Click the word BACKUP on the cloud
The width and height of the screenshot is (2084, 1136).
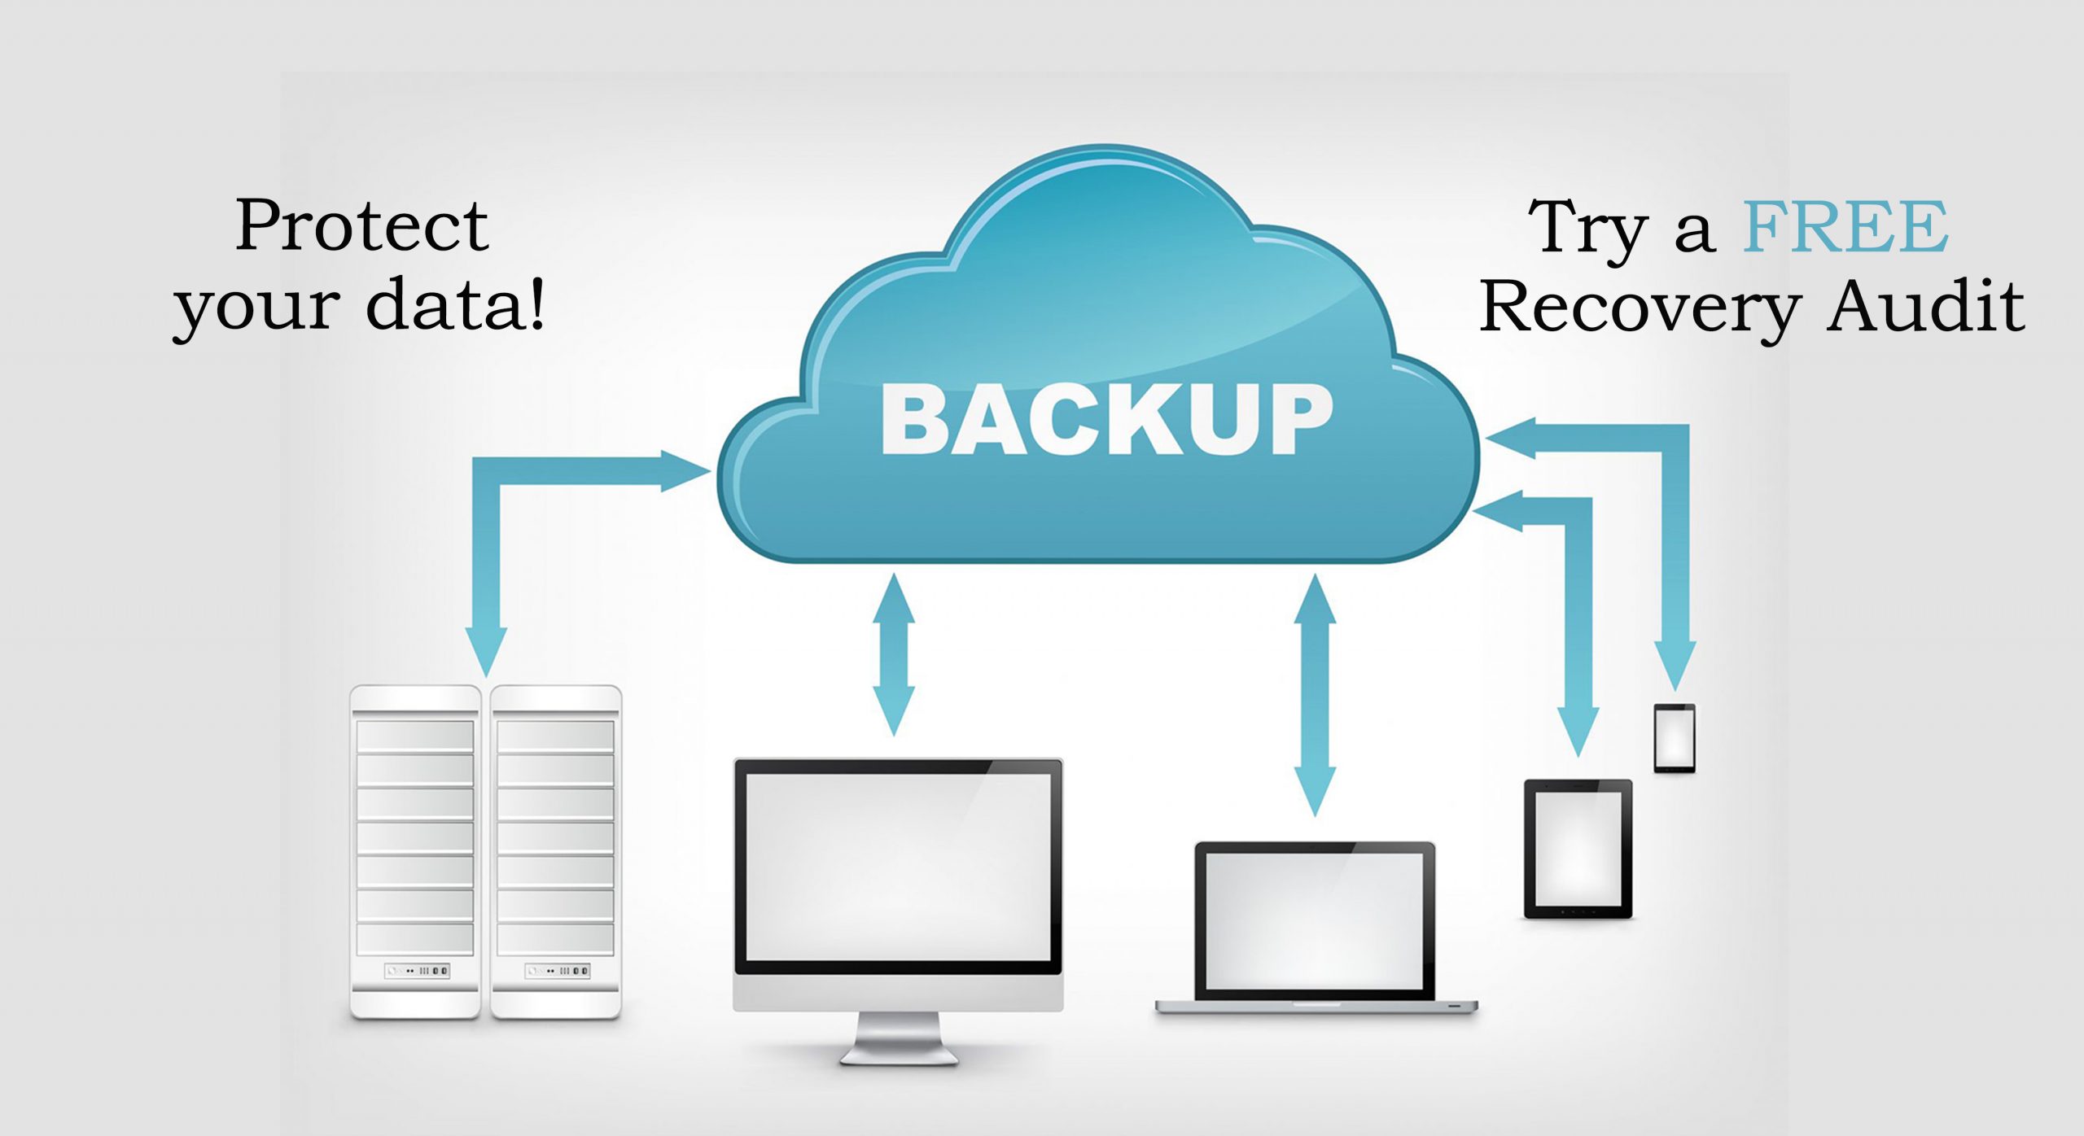1107,419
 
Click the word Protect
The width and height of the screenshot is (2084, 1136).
362,226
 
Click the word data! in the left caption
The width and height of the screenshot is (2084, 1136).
456,304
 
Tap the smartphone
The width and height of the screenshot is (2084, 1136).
1675,737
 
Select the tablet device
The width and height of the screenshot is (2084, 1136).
1578,849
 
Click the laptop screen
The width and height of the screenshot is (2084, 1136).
1314,920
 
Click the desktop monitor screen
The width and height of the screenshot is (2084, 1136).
899,866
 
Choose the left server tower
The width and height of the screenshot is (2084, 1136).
415,850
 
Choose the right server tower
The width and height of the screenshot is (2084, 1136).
556,850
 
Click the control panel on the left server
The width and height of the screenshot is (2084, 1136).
417,970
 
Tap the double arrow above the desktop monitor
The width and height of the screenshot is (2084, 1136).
894,654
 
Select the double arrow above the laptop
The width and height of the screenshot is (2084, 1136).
1315,695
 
